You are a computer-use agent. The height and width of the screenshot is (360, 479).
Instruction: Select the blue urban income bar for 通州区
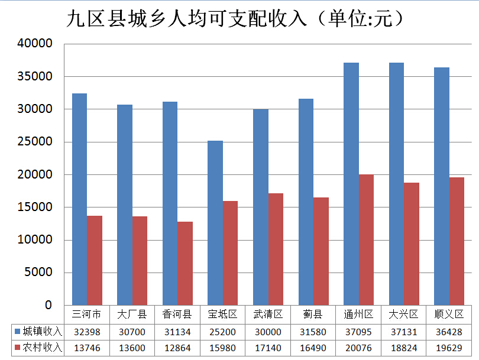tap(351, 184)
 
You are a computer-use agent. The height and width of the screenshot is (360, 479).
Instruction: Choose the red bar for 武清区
tap(276, 249)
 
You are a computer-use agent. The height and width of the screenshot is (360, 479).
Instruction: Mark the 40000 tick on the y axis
tap(35, 44)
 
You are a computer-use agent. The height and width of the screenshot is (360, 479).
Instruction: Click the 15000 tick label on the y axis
tap(35, 207)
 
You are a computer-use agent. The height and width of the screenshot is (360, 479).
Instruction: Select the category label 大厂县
tap(131, 314)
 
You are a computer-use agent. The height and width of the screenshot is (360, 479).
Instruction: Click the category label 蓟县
tap(313, 314)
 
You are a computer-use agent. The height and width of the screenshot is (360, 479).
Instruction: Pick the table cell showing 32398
tap(86, 332)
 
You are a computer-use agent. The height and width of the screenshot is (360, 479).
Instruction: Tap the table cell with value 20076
tap(358, 348)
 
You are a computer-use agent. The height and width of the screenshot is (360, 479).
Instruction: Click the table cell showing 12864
tap(177, 348)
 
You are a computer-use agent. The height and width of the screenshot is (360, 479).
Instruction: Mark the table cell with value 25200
tap(222, 332)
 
